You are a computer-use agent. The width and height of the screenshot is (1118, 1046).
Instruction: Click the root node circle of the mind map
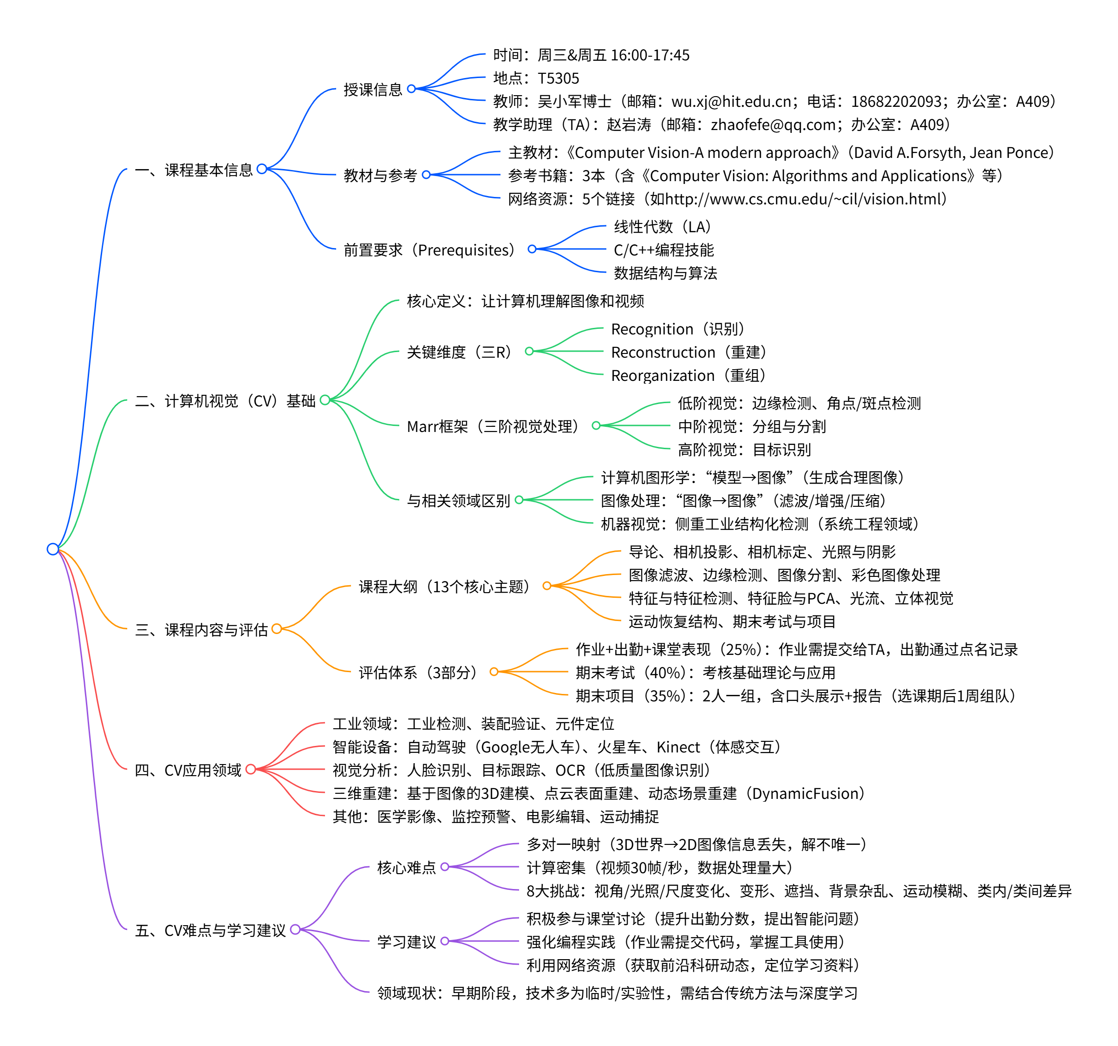(x=53, y=549)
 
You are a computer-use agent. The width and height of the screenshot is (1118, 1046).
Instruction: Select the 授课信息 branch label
(x=373, y=90)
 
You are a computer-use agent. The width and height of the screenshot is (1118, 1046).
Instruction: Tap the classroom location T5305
(x=558, y=78)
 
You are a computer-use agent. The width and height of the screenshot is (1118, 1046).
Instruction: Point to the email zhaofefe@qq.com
(x=773, y=124)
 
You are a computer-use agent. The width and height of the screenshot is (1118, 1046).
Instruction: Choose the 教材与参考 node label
(x=380, y=176)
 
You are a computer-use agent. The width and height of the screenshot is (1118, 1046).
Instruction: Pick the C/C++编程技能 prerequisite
(x=663, y=250)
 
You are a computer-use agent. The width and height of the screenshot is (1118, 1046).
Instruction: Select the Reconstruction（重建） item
(x=689, y=352)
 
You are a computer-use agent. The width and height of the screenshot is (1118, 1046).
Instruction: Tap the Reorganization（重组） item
(x=688, y=375)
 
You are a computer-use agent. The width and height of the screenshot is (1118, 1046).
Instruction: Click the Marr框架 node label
(x=493, y=426)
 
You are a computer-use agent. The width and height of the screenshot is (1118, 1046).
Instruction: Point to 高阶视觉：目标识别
(x=744, y=450)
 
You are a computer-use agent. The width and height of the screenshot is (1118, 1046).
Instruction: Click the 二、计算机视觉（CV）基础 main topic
(x=225, y=401)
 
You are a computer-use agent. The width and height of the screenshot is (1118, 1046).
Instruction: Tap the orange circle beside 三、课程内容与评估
(x=277, y=628)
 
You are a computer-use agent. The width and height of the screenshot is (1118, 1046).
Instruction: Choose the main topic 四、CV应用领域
(x=188, y=770)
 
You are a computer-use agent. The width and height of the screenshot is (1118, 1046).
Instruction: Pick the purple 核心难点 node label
(x=406, y=868)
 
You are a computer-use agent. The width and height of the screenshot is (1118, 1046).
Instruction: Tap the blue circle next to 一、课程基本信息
(x=261, y=169)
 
